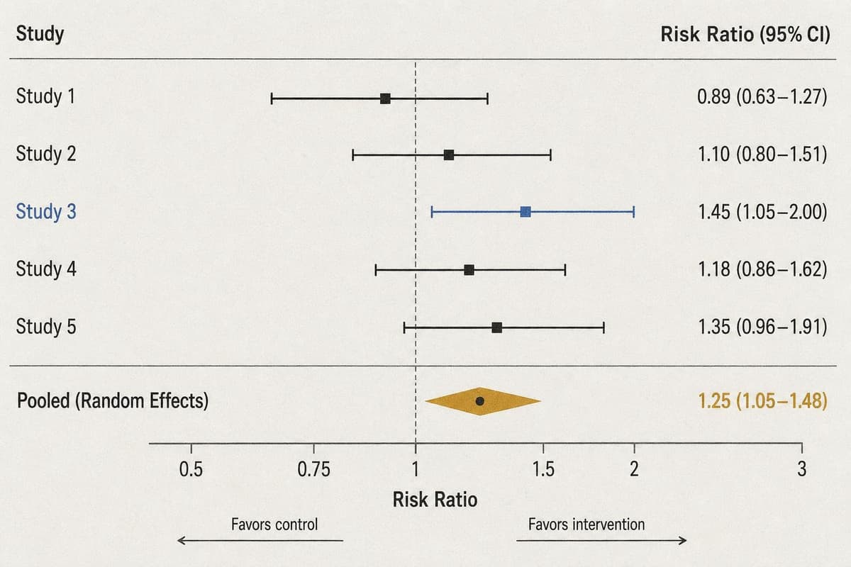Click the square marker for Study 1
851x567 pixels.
point(385,99)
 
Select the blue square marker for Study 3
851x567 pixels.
point(525,212)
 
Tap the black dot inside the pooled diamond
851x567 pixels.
point(480,401)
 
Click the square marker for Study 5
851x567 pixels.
point(496,327)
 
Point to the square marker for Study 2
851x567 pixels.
point(449,155)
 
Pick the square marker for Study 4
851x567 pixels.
point(469,270)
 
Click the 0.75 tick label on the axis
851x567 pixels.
point(313,470)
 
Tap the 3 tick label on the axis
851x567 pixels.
point(801,469)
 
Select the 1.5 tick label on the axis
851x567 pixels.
point(543,469)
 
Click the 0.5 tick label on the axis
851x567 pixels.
point(191,470)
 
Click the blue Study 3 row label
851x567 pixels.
point(46,211)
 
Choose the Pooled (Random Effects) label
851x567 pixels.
point(113,401)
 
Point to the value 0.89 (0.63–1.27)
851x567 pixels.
point(762,96)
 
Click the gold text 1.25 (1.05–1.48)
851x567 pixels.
point(763,401)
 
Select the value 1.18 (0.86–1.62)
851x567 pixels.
point(763,269)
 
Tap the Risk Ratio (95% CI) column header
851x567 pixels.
point(745,35)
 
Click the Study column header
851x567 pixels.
point(40,34)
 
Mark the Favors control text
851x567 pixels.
point(274,524)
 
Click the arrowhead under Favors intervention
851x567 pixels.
point(683,540)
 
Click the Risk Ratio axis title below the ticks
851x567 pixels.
point(435,500)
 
